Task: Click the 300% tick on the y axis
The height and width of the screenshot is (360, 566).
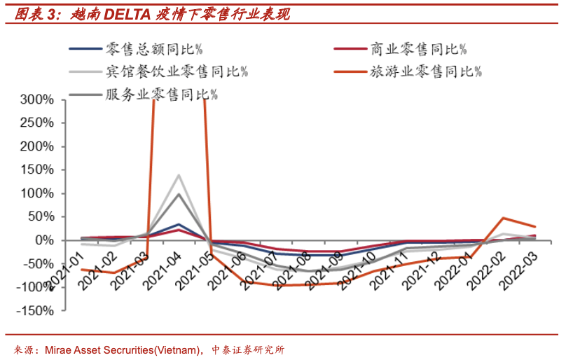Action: coord(35,100)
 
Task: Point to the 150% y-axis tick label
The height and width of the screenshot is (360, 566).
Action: coord(35,170)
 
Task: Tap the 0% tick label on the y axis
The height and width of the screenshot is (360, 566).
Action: coord(43,240)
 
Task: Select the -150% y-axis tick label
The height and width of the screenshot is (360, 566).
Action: coord(32,310)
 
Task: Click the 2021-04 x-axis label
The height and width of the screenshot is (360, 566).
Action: coord(161,268)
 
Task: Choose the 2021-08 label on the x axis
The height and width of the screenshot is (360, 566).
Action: coord(290,268)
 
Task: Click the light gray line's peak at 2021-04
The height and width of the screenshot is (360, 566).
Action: coord(179,175)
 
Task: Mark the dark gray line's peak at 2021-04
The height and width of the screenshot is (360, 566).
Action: coord(179,194)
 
